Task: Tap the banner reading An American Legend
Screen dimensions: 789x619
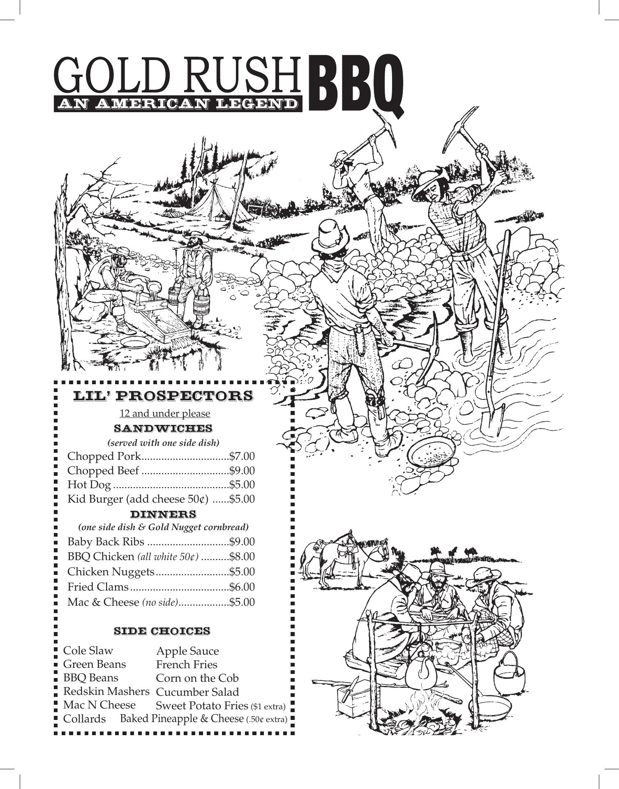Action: [x=178, y=104]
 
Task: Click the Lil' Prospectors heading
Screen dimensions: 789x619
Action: [x=163, y=396]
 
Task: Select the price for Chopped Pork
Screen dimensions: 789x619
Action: [x=242, y=456]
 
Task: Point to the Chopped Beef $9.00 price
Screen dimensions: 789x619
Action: [x=242, y=471]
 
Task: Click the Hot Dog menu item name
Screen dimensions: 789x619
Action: [x=89, y=485]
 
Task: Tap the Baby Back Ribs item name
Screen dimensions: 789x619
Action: [x=106, y=542]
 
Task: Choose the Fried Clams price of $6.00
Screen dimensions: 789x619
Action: [x=242, y=587]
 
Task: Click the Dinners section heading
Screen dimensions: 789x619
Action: [x=163, y=514]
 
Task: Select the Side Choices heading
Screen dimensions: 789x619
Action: [x=162, y=631]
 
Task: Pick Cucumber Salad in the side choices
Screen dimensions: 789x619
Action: [x=197, y=692]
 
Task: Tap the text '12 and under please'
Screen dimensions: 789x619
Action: [x=164, y=413]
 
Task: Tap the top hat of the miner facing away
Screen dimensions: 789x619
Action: [x=332, y=234]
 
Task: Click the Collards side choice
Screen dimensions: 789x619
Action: [x=84, y=719]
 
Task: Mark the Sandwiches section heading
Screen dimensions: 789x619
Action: [x=163, y=429]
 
